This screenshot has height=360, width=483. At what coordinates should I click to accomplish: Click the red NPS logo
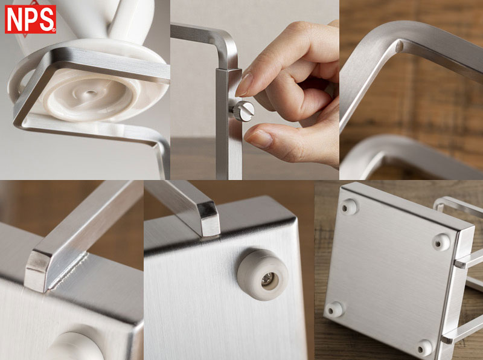coord(30,19)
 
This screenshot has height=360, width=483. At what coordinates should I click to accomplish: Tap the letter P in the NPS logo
coord(30,19)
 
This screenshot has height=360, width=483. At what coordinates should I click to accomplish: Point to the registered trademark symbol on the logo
coord(53,30)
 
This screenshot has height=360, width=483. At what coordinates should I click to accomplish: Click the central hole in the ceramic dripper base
coord(90,92)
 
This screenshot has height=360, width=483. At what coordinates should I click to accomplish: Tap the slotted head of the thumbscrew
coord(246,111)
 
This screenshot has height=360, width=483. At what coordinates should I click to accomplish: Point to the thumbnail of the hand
coord(260,138)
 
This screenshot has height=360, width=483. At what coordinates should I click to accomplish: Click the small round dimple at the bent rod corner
coord(399,47)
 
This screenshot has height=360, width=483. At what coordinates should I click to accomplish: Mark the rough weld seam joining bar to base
coord(69,271)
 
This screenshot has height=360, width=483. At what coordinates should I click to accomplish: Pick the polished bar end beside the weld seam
coord(37,271)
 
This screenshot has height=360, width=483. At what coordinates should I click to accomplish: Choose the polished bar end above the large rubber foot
coord(209,218)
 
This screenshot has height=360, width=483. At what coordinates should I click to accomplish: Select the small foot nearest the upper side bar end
coord(441,242)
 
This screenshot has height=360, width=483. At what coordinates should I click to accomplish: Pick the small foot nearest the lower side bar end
coord(424,348)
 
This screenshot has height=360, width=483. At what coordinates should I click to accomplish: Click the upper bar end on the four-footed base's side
coord(461,264)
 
